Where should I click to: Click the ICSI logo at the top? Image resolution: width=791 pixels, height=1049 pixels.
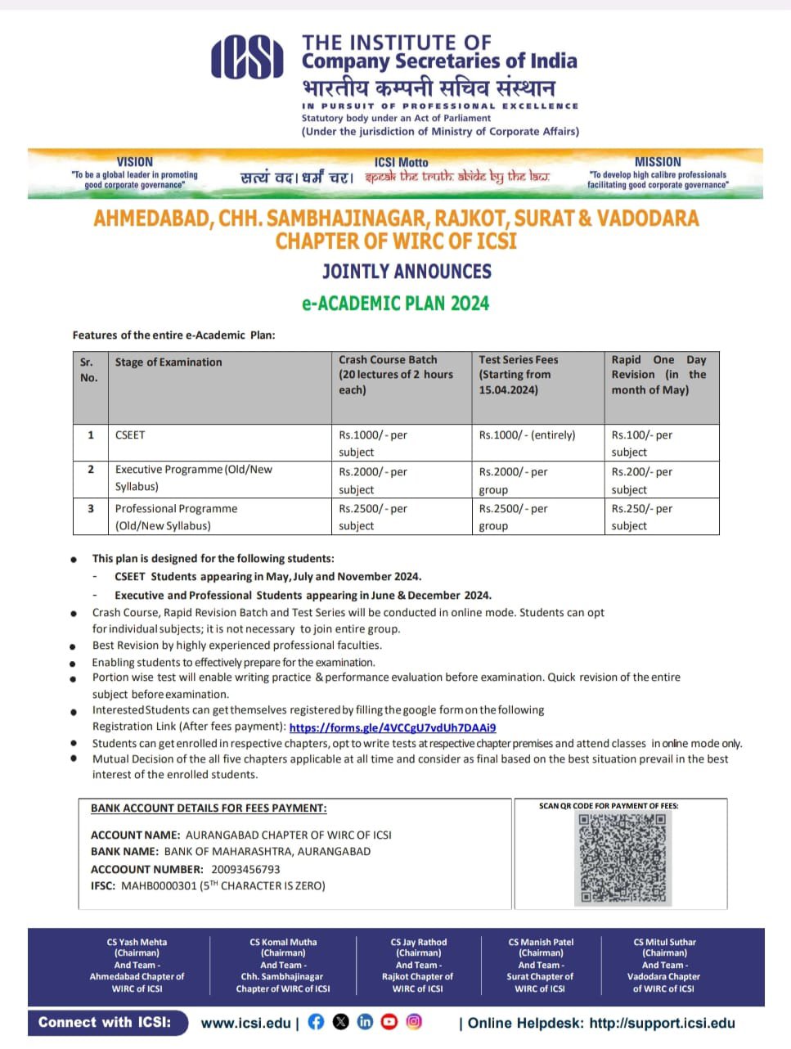(x=247, y=59)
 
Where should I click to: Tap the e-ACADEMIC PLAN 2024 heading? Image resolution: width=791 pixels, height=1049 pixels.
(x=395, y=304)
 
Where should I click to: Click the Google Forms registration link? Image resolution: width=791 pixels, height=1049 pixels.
(x=393, y=727)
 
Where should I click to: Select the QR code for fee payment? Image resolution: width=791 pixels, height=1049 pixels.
(x=622, y=858)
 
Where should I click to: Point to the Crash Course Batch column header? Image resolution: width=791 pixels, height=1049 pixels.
(x=388, y=360)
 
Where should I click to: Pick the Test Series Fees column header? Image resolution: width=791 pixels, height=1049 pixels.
(x=519, y=360)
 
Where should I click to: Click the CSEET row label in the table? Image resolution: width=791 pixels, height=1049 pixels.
(x=130, y=435)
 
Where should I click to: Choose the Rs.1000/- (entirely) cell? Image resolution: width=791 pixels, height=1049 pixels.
(x=528, y=435)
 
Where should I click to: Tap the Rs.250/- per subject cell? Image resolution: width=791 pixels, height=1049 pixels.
(x=641, y=517)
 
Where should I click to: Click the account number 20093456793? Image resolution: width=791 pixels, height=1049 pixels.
(x=245, y=869)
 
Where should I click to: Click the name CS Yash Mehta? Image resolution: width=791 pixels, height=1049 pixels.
(x=137, y=942)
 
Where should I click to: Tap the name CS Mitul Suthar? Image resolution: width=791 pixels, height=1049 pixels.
(x=664, y=942)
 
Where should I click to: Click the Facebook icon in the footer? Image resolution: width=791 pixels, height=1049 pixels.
(x=316, y=1022)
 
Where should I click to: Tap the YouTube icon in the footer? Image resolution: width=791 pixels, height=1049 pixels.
(x=389, y=1022)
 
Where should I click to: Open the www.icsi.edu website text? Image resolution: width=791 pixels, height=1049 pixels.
(x=245, y=1023)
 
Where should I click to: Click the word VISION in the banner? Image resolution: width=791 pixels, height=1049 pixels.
(x=135, y=162)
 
